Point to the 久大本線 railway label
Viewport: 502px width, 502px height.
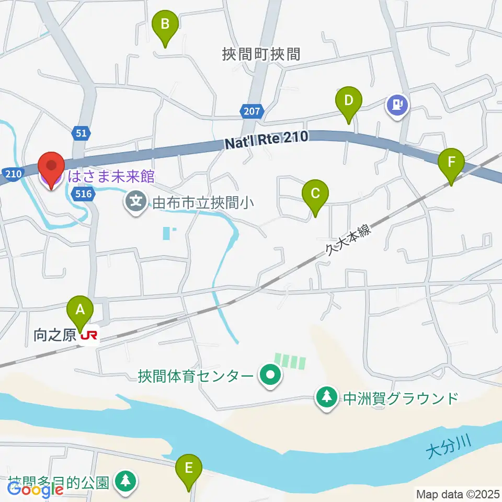(347, 242)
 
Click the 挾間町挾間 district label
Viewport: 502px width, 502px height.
(261, 54)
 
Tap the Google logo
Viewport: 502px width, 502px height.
(35, 490)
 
